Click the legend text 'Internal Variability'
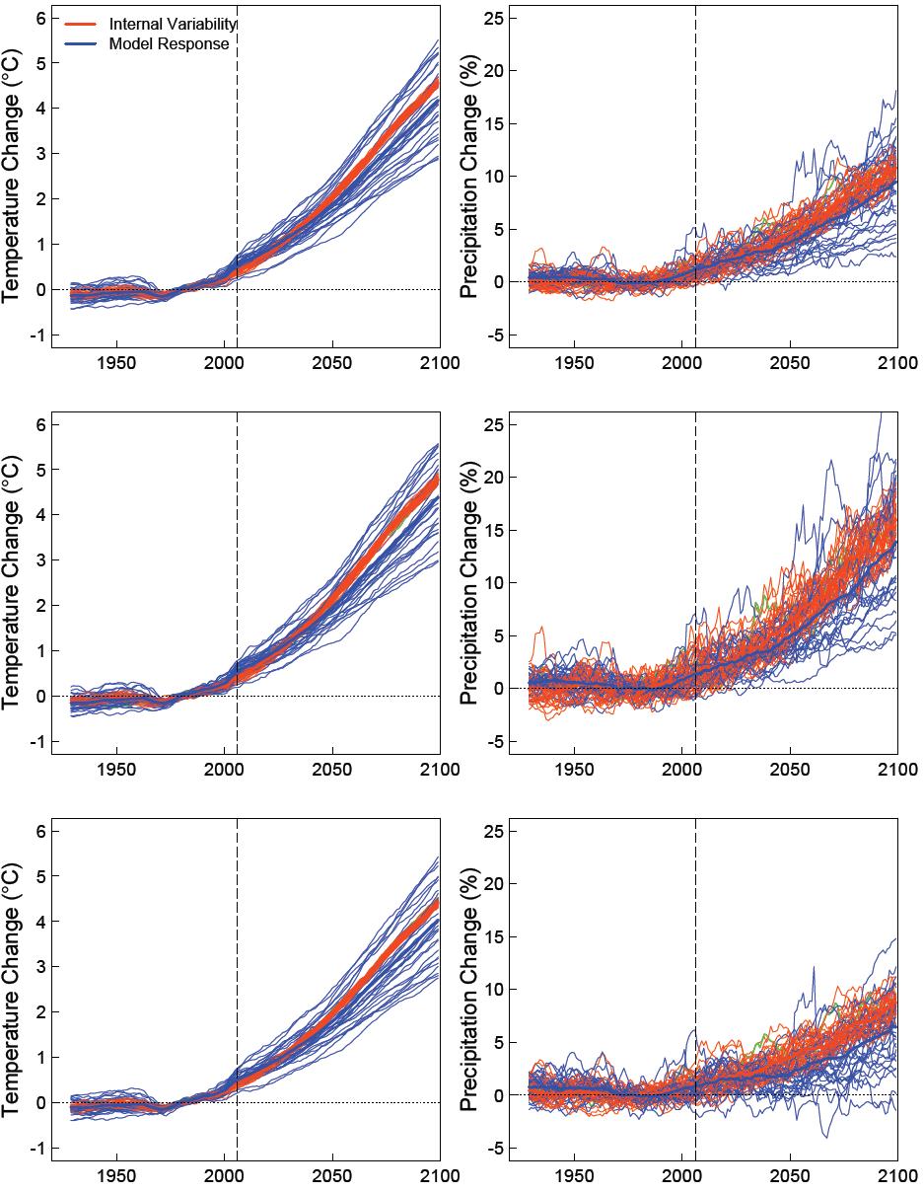click(x=173, y=24)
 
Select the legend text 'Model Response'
click(x=169, y=44)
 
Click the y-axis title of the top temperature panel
click(x=13, y=177)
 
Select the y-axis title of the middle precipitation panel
click(x=470, y=584)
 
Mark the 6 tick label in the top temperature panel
click(x=40, y=18)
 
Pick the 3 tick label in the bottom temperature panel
click(x=40, y=967)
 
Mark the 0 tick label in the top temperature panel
click(x=40, y=290)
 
